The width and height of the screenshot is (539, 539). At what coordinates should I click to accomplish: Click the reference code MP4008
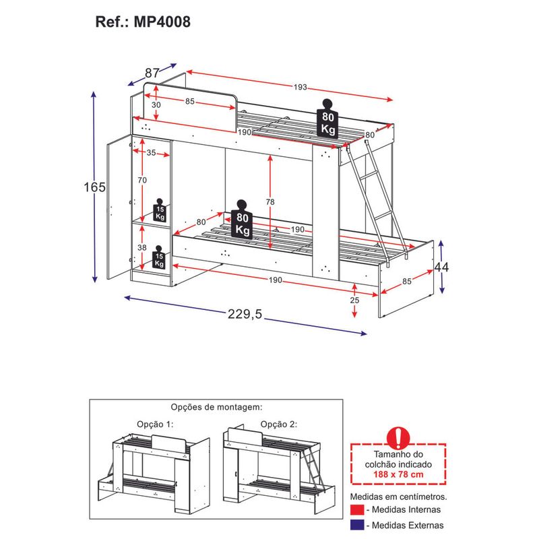[x=162, y=22]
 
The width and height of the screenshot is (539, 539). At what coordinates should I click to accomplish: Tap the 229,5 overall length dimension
[x=245, y=314]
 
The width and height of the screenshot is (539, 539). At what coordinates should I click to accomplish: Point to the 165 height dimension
[x=94, y=187]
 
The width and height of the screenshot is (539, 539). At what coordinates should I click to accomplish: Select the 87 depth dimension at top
[x=152, y=73]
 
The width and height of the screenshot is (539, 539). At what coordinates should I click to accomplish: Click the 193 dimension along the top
[x=300, y=87]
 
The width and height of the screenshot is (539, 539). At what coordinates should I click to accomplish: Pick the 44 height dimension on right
[x=442, y=267]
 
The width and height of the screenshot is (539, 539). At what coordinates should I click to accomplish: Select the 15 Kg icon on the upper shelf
[x=160, y=210]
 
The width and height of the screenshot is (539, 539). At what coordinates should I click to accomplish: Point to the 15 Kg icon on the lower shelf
[x=159, y=257]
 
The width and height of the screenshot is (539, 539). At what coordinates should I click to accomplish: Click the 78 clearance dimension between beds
[x=270, y=201]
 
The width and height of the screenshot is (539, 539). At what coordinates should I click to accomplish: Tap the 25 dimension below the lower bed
[x=354, y=300]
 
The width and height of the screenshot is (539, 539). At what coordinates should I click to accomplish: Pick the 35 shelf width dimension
[x=151, y=153]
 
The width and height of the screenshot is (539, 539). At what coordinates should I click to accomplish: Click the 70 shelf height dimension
[x=142, y=180]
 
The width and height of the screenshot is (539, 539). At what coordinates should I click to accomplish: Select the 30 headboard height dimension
[x=156, y=105]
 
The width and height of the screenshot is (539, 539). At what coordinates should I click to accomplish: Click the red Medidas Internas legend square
[x=357, y=509]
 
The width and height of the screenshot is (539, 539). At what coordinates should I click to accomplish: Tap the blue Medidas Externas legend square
[x=357, y=525]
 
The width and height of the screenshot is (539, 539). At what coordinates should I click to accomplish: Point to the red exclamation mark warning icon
[x=398, y=437]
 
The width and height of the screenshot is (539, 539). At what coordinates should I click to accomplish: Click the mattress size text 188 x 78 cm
[x=398, y=474]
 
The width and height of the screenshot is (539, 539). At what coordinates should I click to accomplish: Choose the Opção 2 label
[x=279, y=424]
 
